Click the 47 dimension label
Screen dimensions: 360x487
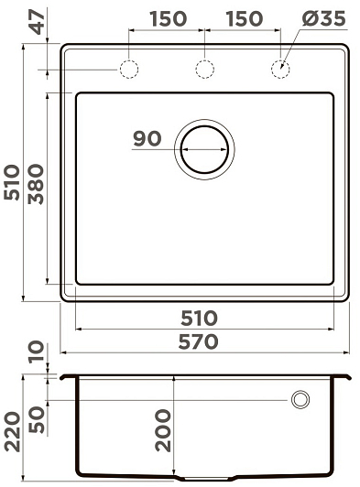[38, 22]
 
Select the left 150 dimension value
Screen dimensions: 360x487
[169, 18]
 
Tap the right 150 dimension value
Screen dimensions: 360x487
[245, 18]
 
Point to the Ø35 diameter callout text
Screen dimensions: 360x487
[323, 18]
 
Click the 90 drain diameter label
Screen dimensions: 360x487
[147, 139]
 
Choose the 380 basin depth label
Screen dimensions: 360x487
[36, 184]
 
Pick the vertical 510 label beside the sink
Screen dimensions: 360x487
[12, 183]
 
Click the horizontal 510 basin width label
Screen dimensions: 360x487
[199, 318]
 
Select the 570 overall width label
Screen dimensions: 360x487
[199, 341]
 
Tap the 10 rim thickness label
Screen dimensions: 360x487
[37, 352]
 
